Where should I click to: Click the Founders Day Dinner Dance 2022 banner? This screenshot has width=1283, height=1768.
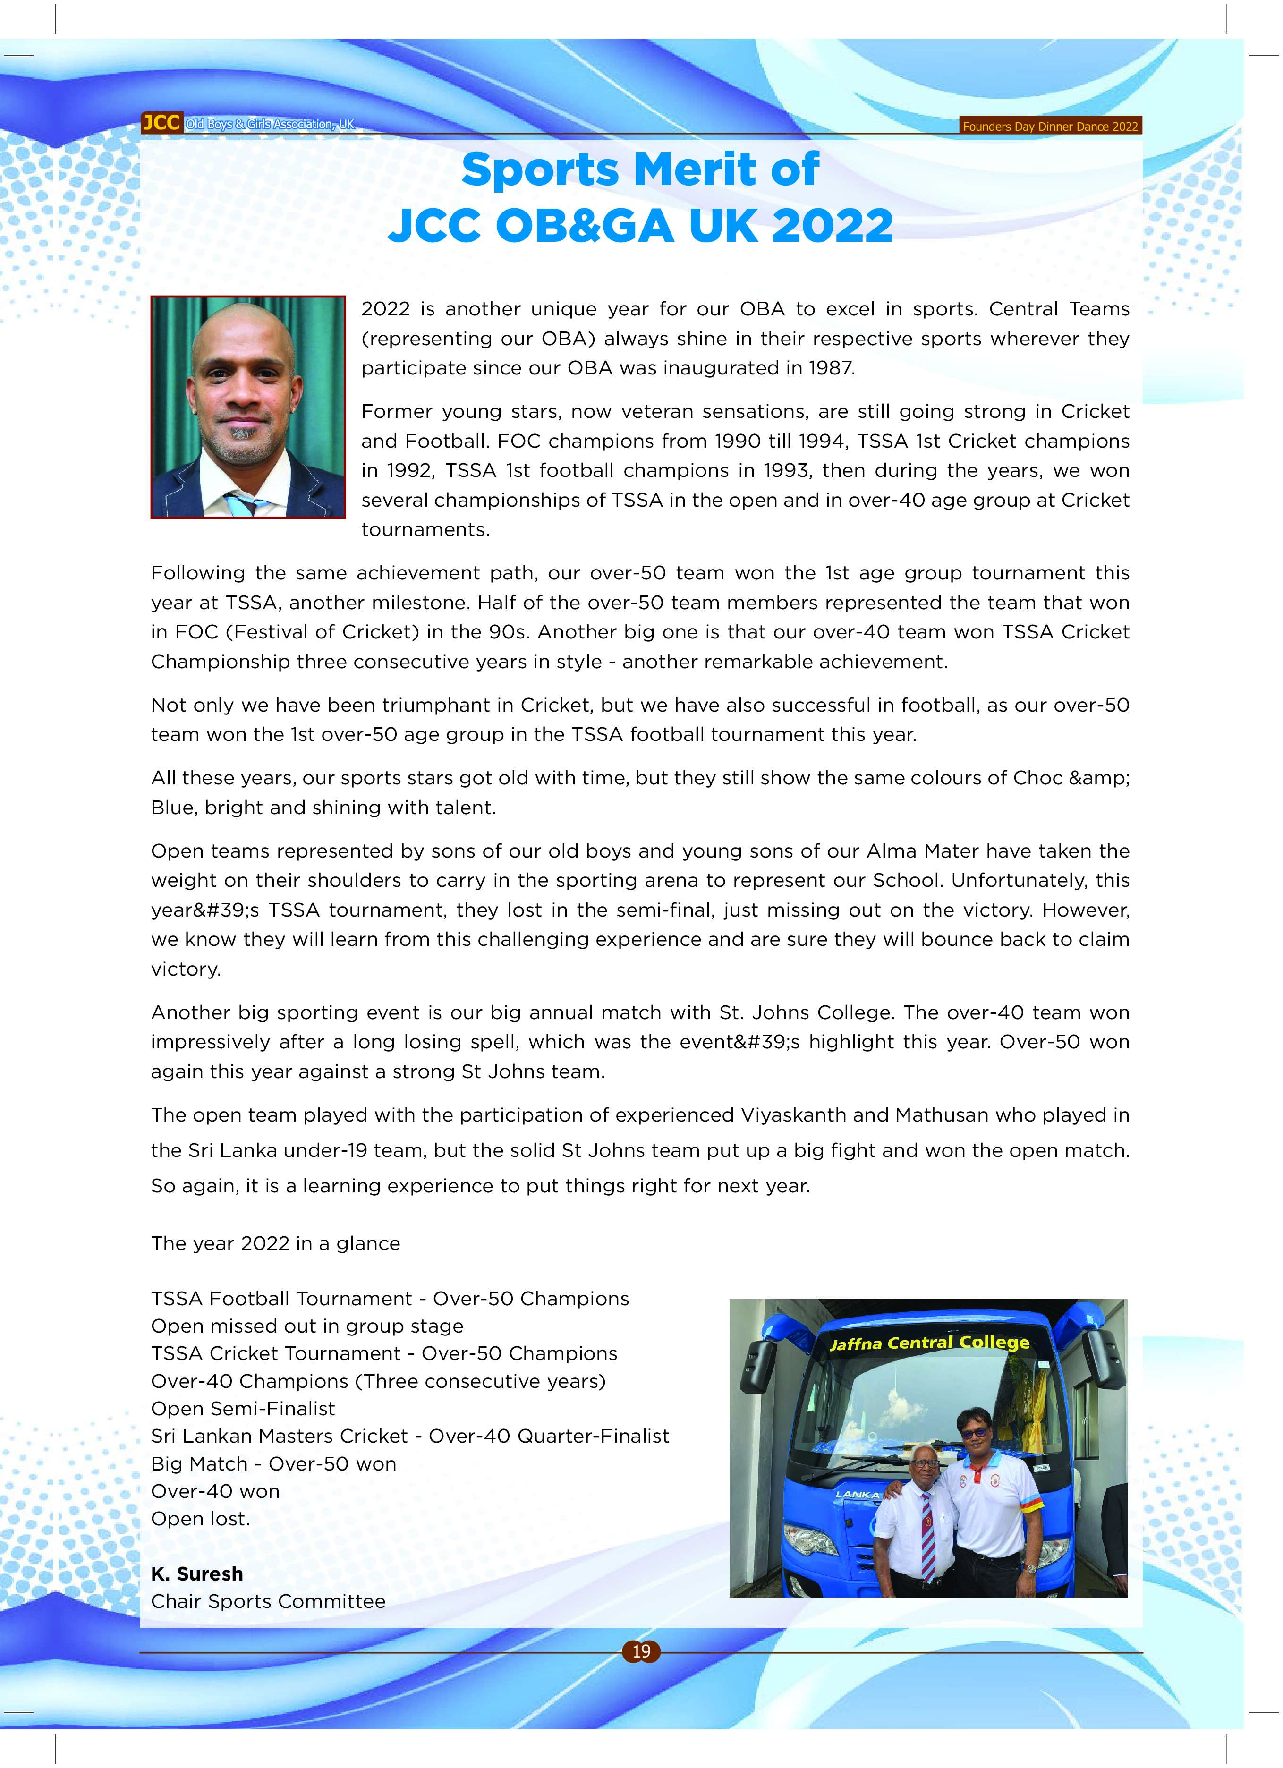point(1049,126)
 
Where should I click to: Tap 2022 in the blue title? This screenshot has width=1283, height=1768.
point(833,226)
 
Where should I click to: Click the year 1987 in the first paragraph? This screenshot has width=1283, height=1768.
point(831,368)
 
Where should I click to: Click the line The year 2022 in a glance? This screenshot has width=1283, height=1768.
point(275,1243)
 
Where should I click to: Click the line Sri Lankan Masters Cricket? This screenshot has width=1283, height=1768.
point(279,1436)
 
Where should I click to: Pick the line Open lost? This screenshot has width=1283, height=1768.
point(200,1519)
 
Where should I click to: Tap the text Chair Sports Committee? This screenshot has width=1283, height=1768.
point(268,1601)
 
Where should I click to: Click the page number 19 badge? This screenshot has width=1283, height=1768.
point(641,1651)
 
